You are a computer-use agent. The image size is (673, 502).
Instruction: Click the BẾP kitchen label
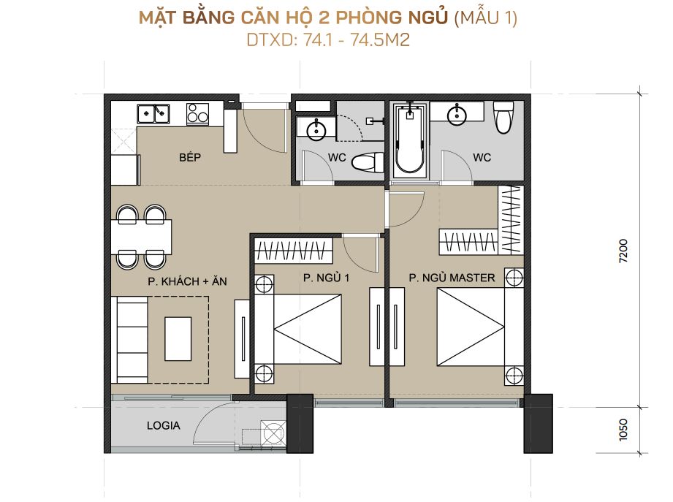click(x=190, y=157)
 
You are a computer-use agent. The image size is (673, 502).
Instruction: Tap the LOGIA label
click(x=163, y=425)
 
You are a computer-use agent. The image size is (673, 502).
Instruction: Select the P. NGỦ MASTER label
click(x=452, y=278)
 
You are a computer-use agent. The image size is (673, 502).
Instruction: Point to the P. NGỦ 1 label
click(x=326, y=278)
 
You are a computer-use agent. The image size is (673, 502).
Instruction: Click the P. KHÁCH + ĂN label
click(x=187, y=281)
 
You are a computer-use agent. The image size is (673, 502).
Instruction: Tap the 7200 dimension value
click(x=623, y=251)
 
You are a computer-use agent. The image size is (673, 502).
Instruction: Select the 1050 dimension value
click(x=623, y=430)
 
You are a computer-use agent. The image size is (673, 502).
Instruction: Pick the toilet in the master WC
click(x=503, y=117)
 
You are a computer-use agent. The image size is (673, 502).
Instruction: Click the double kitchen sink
click(x=153, y=114)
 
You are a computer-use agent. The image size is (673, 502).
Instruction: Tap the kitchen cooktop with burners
click(x=197, y=114)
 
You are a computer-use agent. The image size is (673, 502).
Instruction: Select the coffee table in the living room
click(x=178, y=339)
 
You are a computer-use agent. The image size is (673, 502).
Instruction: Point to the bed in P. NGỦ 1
click(x=299, y=328)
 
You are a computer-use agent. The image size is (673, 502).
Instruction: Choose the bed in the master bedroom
click(x=480, y=327)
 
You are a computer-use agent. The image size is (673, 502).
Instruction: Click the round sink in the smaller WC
click(x=316, y=129)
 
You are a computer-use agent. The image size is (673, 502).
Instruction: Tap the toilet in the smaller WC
click(x=368, y=162)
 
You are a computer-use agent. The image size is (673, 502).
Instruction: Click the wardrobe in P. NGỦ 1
click(x=294, y=250)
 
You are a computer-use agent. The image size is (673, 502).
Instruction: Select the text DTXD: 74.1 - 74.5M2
click(x=328, y=39)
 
